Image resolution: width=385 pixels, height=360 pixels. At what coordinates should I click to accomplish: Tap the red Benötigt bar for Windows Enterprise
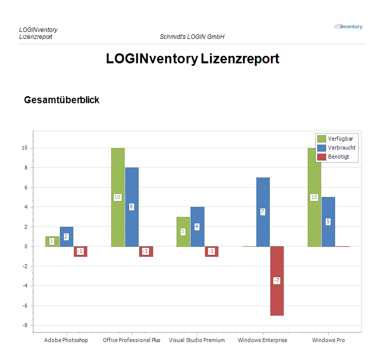tap(277, 299)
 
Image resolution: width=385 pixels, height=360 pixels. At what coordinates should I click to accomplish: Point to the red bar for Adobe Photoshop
tap(80, 251)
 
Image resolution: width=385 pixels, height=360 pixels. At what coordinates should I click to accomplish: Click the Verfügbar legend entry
tap(337, 139)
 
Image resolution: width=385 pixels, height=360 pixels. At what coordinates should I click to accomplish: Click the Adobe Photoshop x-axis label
tap(66, 340)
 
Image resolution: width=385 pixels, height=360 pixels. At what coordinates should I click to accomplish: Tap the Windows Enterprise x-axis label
tap(262, 340)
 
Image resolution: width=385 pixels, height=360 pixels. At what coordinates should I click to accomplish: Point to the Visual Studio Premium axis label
tap(196, 340)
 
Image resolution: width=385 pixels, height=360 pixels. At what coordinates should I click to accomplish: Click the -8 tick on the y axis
tap(24, 325)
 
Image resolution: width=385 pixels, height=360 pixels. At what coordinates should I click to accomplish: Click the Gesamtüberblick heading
tap(62, 100)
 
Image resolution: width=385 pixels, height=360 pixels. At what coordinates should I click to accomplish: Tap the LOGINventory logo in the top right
tap(348, 26)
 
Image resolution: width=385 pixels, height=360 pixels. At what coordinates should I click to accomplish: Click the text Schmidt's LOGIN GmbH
tap(192, 37)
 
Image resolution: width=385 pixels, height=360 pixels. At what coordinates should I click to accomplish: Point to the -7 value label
tap(276, 281)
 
